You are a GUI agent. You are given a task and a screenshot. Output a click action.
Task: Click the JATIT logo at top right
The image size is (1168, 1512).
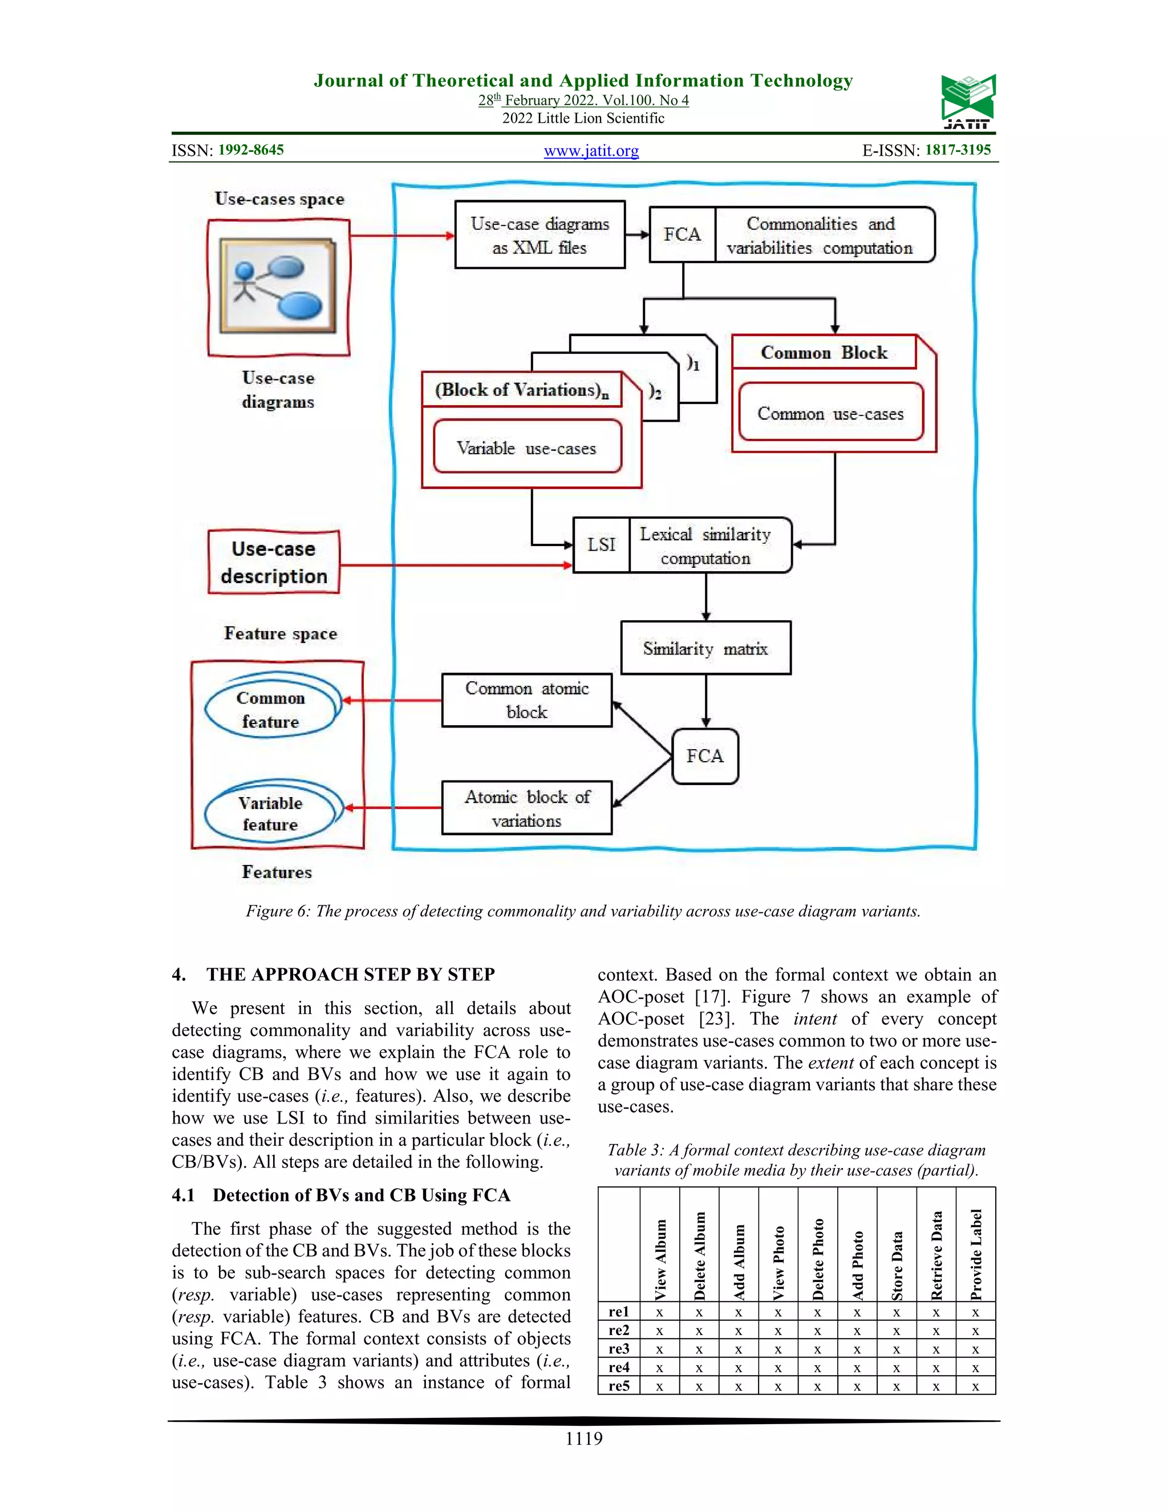[x=967, y=102]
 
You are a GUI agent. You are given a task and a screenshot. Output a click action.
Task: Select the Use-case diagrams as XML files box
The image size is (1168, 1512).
[x=540, y=236]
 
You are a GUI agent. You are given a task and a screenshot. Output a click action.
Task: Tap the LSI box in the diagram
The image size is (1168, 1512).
[x=601, y=545]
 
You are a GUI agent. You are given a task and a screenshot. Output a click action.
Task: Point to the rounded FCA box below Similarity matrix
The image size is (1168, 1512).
[x=705, y=756]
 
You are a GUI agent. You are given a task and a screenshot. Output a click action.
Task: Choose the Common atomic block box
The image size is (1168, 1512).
[x=526, y=700]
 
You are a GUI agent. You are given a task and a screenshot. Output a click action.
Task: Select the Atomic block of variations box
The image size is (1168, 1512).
[x=526, y=808]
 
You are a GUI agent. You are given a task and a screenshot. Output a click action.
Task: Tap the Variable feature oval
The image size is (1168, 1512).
[x=272, y=812]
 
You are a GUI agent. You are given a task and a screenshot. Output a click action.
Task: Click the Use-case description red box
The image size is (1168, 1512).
[x=274, y=562]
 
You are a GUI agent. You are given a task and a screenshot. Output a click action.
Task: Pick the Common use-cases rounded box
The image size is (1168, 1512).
[x=830, y=413]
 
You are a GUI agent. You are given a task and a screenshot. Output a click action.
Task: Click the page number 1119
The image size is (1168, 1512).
[x=583, y=1438]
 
